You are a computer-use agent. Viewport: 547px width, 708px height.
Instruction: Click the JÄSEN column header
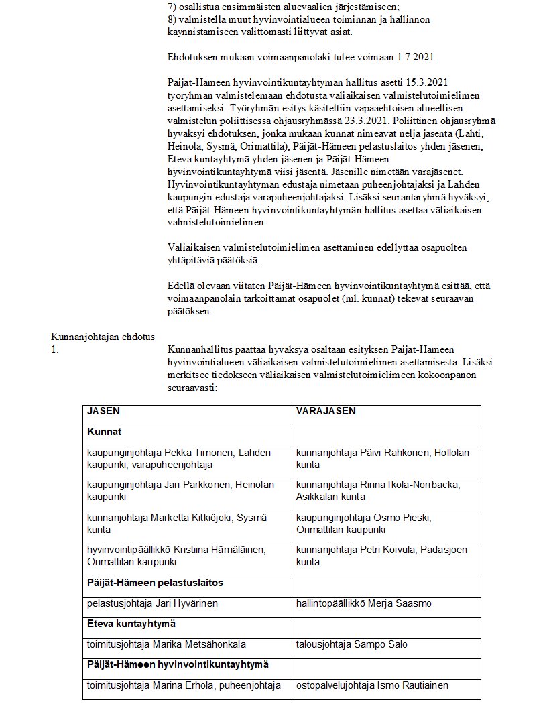click(x=104, y=411)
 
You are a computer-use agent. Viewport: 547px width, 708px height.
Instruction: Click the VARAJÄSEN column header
click(x=326, y=411)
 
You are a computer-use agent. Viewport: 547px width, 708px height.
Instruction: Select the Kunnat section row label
click(x=104, y=432)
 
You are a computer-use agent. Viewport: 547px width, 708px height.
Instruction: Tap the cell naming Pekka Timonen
click(x=178, y=459)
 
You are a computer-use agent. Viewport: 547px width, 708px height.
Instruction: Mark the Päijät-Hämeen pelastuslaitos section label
click(x=155, y=583)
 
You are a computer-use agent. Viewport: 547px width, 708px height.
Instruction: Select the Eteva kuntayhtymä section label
click(x=131, y=624)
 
